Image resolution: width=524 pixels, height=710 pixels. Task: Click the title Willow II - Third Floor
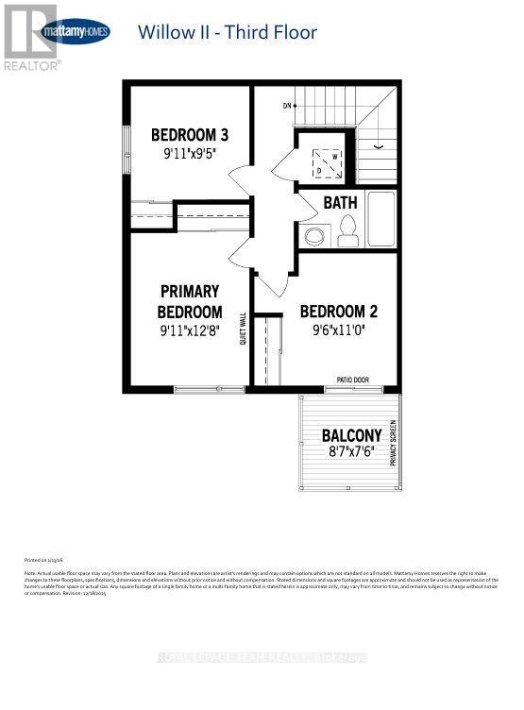pos(227,33)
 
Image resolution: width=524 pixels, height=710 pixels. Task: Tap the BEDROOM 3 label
pos(190,134)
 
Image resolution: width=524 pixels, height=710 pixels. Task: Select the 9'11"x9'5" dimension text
pos(190,154)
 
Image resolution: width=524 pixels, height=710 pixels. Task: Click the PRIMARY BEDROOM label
pos(190,301)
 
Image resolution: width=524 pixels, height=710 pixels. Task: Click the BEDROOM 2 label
pos(339,312)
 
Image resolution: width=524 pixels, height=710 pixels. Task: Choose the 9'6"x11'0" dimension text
pos(339,331)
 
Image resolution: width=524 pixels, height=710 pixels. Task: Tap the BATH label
pos(340,202)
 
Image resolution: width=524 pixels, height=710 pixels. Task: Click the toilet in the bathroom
pos(347,229)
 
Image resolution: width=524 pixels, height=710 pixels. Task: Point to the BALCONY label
pos(351,435)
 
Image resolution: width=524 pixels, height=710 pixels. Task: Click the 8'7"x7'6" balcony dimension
pos(351,453)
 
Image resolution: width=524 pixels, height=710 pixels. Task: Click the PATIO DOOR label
pos(352,380)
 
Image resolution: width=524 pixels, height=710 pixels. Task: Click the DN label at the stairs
pos(286,106)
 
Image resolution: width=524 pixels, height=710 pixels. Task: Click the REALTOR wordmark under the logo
pos(32,65)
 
